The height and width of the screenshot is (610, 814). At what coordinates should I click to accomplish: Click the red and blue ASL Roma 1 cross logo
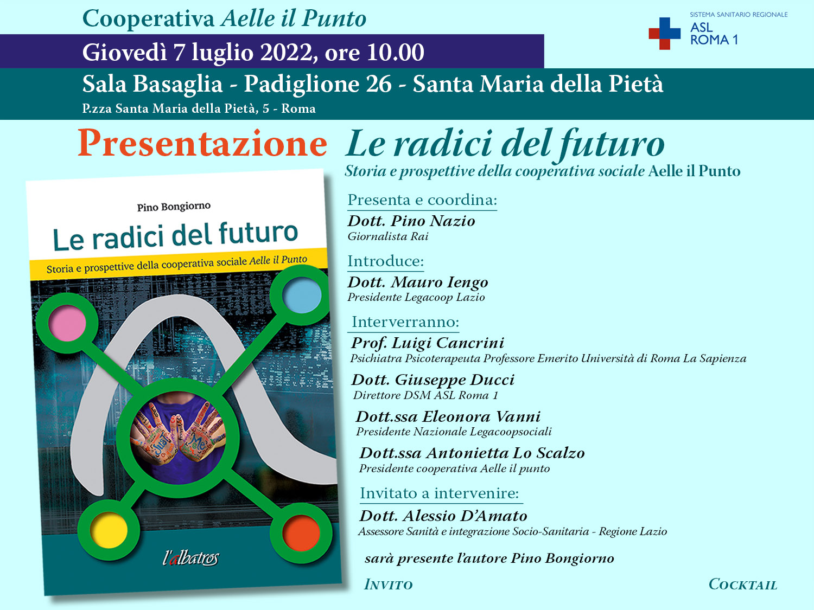pyautogui.click(x=664, y=33)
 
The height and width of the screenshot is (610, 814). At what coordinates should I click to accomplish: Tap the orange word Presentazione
pyautogui.click(x=202, y=144)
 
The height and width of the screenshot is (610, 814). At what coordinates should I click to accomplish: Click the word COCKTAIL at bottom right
pyautogui.click(x=742, y=585)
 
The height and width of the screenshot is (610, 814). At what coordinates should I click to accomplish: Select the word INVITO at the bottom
pyautogui.click(x=389, y=585)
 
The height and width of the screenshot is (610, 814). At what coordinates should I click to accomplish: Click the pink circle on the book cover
pyautogui.click(x=67, y=324)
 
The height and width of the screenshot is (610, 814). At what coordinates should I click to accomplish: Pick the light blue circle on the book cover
pyautogui.click(x=302, y=296)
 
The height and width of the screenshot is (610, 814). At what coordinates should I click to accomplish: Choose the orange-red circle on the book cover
pyautogui.click(x=301, y=534)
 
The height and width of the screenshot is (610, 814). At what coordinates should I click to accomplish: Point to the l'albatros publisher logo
pyautogui.click(x=190, y=557)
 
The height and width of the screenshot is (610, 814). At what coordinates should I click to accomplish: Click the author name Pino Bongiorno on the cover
pyautogui.click(x=174, y=207)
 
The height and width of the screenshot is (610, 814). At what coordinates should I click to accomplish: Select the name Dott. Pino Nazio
pyautogui.click(x=411, y=221)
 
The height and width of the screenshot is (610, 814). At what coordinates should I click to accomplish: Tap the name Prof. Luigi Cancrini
pyautogui.click(x=428, y=343)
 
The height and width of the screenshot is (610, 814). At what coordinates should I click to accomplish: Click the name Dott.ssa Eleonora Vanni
pyautogui.click(x=448, y=416)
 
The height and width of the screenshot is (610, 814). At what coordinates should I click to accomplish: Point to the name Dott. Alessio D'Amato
pyautogui.click(x=443, y=516)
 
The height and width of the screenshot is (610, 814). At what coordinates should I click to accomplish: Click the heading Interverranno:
pyautogui.click(x=405, y=322)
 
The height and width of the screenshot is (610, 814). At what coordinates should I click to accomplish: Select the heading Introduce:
pyautogui.click(x=385, y=261)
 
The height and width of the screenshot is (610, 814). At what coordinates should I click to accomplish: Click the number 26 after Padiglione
pyautogui.click(x=378, y=84)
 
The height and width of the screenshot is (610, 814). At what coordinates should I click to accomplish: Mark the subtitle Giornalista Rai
pyautogui.click(x=388, y=236)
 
